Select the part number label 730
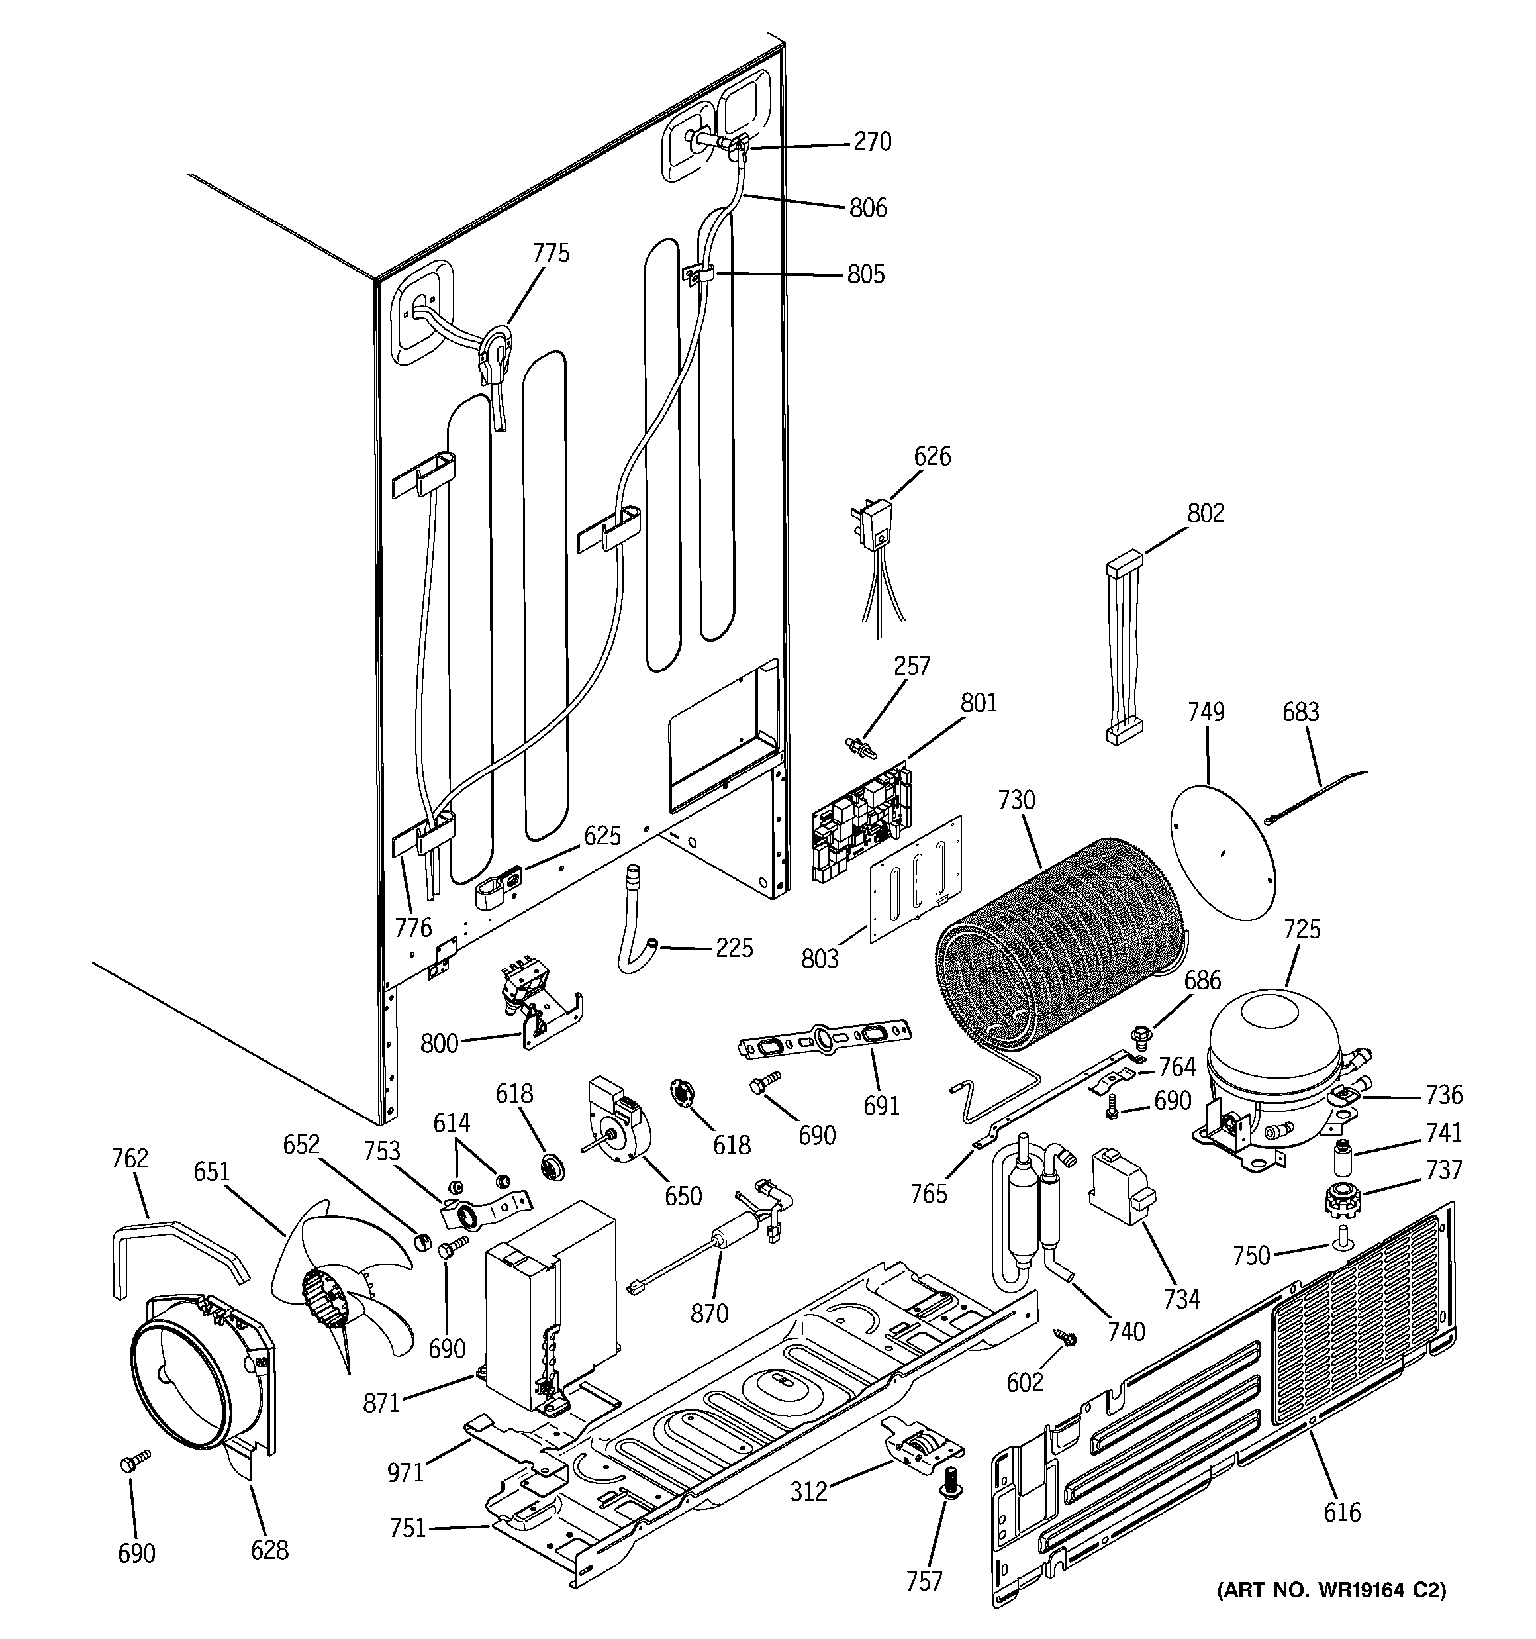1016,801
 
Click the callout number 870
709,1313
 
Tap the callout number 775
551,253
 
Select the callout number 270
873,142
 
